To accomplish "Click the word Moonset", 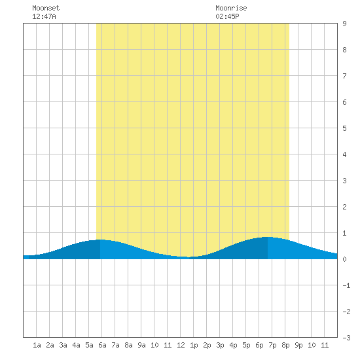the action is tap(46, 8).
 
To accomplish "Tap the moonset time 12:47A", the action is tap(44, 16).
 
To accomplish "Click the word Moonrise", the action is tap(231, 8).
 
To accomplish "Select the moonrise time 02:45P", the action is tap(227, 16).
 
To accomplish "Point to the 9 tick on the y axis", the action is tap(344, 24).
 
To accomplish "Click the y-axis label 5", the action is tap(344, 128).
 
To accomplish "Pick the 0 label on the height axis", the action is tap(344, 259).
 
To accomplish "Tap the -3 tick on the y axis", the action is tap(346, 338).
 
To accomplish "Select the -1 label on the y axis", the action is tap(346, 285).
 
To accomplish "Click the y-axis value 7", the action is tap(344, 76).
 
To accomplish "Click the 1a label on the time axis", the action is tap(37, 345).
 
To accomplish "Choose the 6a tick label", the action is tap(102, 345).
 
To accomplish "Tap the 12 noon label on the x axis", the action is tap(181, 345).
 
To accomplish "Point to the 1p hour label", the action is tap(194, 346).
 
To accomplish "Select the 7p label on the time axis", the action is tap(272, 346).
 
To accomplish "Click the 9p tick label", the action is tap(298, 346).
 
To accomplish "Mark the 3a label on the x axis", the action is tap(63, 345).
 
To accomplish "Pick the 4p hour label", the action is tap(233, 346).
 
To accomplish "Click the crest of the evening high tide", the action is tap(268, 237).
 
